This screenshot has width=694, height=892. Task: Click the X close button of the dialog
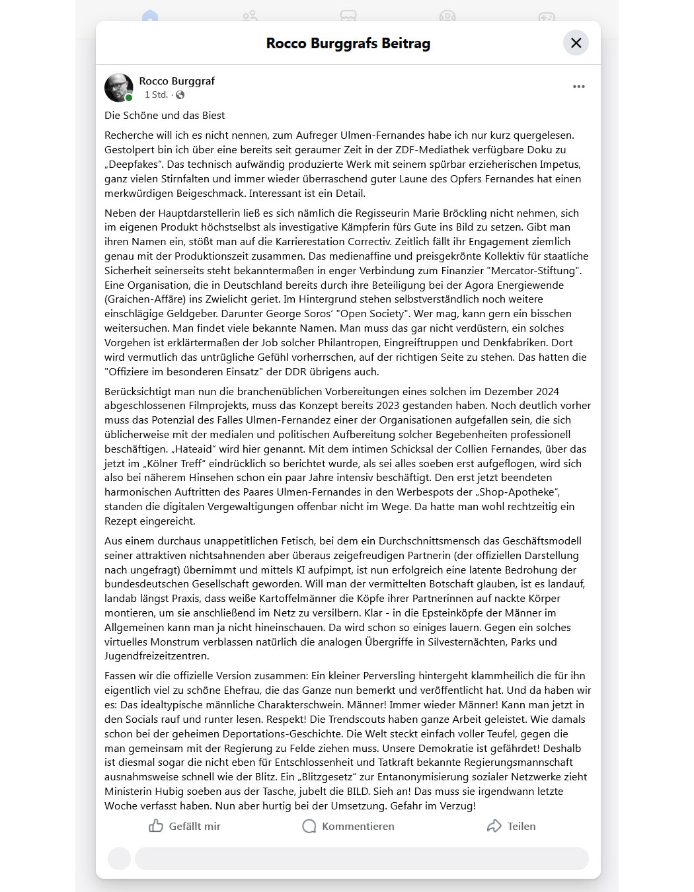point(576,43)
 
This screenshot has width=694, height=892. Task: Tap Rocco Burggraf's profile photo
point(119,87)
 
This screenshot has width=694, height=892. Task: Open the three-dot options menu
point(578,87)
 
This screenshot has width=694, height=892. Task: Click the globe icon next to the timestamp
point(180,95)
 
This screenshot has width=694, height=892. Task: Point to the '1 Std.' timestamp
point(156,95)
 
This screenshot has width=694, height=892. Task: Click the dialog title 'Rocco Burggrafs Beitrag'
point(348,44)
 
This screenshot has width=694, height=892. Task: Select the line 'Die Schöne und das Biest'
point(165,116)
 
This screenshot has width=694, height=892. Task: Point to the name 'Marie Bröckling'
point(455,213)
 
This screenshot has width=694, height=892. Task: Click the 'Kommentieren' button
point(348,826)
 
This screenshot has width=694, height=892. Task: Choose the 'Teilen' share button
point(511,826)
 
